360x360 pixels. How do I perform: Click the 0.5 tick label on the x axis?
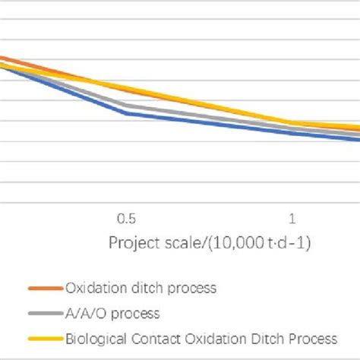126,219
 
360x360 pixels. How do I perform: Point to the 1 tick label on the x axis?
292,219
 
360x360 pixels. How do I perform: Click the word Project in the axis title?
131,243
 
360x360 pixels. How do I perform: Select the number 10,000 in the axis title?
242,243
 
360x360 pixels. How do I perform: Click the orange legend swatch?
45,289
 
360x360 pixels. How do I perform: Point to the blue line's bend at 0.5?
126,113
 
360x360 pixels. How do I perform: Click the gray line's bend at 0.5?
126,106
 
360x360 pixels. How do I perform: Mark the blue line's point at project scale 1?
292,133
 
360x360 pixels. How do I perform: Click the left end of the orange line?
2,57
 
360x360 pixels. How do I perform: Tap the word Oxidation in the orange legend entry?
94,289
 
